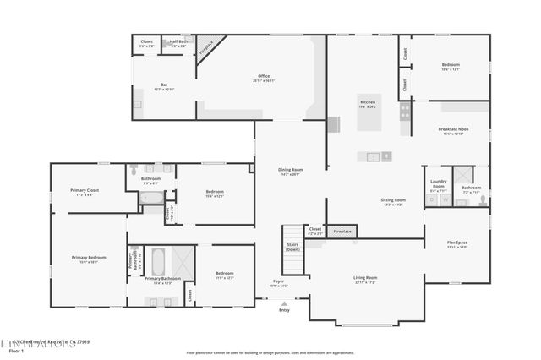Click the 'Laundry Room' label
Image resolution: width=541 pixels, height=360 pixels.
tap(438, 183)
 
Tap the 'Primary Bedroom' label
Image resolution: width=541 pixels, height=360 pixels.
tap(89, 259)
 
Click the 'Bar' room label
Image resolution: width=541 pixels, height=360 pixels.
tap(164, 85)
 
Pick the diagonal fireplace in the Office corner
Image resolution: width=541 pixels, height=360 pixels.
tap(206, 48)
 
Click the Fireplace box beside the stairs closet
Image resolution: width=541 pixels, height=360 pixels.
tap(342, 231)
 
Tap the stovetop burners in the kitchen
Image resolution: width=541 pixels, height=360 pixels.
tap(405, 109)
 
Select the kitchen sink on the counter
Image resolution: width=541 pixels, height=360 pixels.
tap(373, 155)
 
